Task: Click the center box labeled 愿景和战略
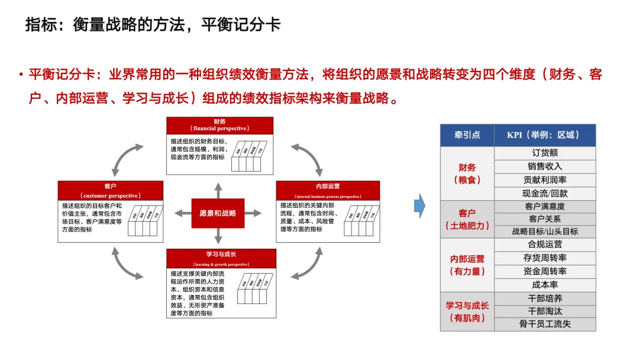point(218,213)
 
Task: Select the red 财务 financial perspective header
point(220,125)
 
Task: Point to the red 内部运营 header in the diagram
point(328,190)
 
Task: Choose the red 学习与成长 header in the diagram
point(221,258)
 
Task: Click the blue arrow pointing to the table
point(419,205)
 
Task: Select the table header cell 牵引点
point(466,135)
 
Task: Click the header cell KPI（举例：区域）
point(545,135)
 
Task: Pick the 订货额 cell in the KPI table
point(545,153)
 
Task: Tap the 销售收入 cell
point(545,166)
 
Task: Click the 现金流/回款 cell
point(545,193)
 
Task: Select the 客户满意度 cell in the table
point(545,207)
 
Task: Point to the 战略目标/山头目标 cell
point(545,232)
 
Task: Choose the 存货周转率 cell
point(545,258)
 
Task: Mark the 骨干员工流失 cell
point(545,324)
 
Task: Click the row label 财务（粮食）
point(467,173)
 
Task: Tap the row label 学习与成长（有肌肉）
point(467,311)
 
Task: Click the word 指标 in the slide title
point(41,25)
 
